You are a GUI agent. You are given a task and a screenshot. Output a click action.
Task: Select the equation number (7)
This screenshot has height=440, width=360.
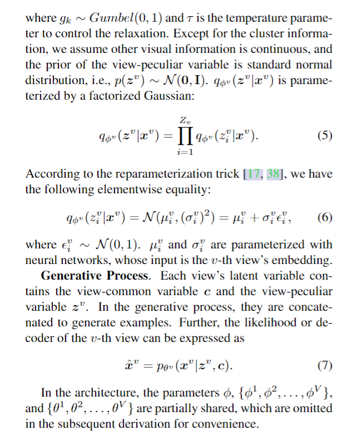click(x=325, y=366)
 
